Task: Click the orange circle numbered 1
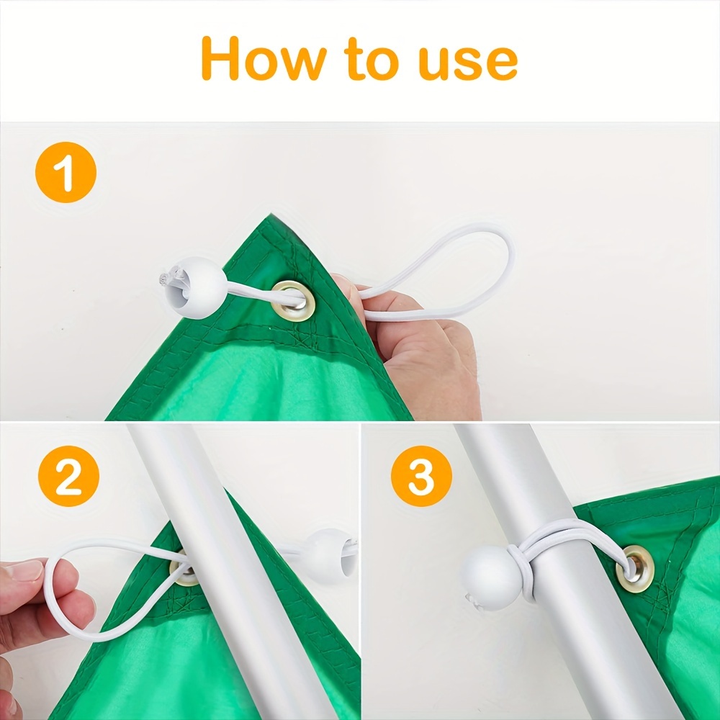click(66, 172)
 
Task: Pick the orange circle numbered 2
click(69, 476)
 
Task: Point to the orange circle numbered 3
click(421, 476)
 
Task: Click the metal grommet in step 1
click(294, 301)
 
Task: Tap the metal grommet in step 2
click(184, 569)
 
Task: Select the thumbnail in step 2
click(23, 571)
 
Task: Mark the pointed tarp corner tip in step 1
click(271, 214)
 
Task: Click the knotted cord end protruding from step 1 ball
click(166, 279)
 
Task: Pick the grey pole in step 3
click(551, 570)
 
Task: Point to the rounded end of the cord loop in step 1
click(510, 251)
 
